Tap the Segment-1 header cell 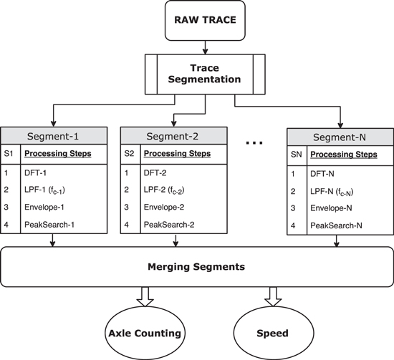56,136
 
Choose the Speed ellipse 272,332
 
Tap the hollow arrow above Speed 272,295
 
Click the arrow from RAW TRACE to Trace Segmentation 206,49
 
